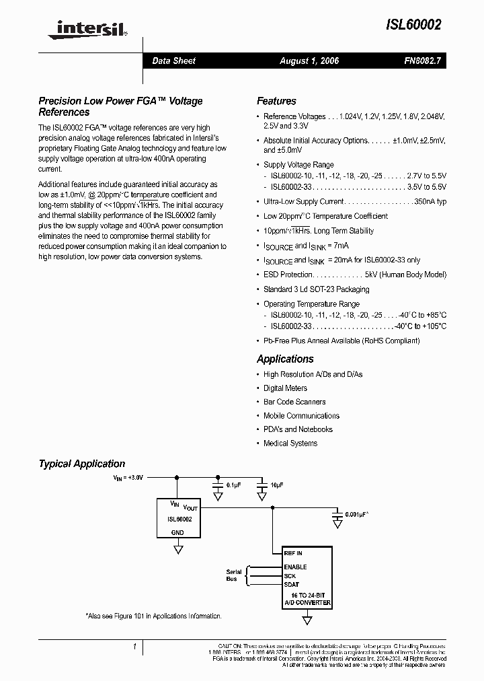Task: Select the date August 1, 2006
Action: click(x=309, y=61)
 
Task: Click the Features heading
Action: click(x=276, y=101)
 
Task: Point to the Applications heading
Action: click(x=285, y=359)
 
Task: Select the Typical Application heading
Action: click(x=82, y=464)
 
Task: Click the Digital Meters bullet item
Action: click(x=285, y=388)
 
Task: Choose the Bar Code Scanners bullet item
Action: click(x=294, y=402)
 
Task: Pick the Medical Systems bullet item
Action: click(x=290, y=443)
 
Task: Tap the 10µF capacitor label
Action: click(x=277, y=485)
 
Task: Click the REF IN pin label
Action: click(x=294, y=553)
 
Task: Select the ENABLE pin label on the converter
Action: click(x=296, y=567)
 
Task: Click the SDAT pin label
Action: click(x=292, y=585)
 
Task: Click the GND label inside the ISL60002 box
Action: click(x=177, y=532)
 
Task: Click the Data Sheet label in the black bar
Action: click(x=173, y=61)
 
